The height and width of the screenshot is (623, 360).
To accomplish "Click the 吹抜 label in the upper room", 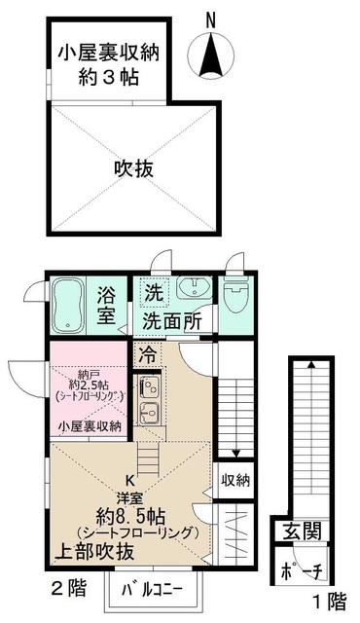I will (134, 168).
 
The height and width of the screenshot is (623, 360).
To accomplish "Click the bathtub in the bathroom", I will (69, 305).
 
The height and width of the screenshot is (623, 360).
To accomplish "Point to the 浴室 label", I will (107, 305).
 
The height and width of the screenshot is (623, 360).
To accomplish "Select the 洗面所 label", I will (172, 318).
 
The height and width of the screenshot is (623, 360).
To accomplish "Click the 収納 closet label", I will (235, 480).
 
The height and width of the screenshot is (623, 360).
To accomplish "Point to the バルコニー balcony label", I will (157, 589).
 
